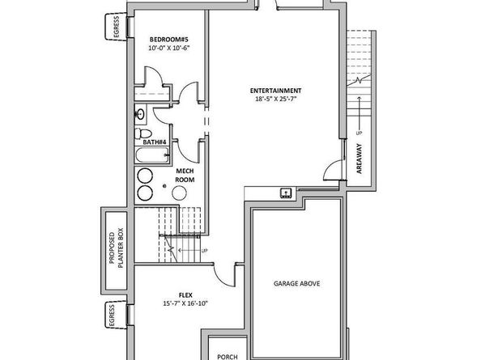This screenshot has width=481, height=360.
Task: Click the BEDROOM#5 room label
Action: (168, 40)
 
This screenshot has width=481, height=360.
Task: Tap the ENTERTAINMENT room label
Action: (276, 91)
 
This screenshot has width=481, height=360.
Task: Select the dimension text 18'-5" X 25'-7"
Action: (276, 99)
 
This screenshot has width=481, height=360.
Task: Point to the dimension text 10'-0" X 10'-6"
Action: (169, 48)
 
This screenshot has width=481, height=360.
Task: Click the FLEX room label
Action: (185, 295)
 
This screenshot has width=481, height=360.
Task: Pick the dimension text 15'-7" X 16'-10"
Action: (185, 303)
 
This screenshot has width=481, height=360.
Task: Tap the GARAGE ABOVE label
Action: (296, 284)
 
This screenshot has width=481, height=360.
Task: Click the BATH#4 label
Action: (155, 142)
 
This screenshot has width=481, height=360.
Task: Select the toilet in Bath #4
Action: (143, 133)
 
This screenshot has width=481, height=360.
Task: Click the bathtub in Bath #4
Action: (152, 155)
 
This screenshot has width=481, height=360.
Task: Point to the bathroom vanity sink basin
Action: (140, 115)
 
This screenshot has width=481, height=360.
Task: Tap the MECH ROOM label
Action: (185, 176)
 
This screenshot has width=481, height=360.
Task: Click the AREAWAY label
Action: (360, 159)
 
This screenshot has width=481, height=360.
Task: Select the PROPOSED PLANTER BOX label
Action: (116, 248)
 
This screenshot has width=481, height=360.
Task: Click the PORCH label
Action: (228, 357)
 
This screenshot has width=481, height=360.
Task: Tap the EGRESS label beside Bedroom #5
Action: (117, 28)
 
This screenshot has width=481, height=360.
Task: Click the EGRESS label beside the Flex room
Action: (112, 316)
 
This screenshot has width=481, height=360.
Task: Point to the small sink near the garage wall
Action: (286, 193)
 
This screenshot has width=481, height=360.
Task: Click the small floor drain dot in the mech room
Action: (164, 186)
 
